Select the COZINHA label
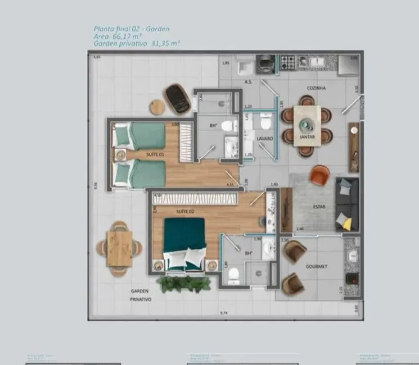(317, 88)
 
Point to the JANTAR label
(307, 136)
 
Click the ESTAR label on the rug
(319, 207)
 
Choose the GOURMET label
(317, 267)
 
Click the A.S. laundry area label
(247, 82)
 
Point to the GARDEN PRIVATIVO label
(140, 295)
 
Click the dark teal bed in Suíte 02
(184, 239)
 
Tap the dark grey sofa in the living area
(346, 204)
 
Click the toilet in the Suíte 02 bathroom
(233, 274)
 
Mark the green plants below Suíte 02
(178, 283)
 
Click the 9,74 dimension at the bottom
(224, 313)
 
